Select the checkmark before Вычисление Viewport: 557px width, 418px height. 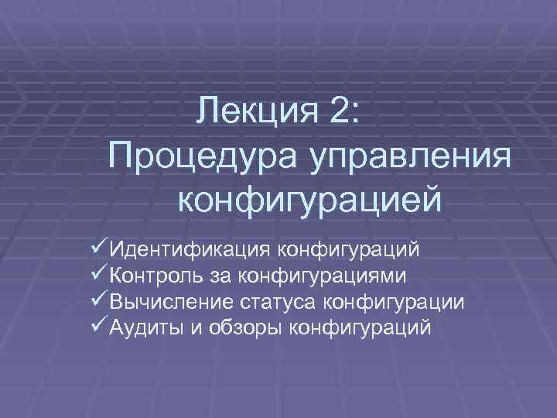(x=98, y=300)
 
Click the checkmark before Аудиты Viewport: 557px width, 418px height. (x=98, y=326)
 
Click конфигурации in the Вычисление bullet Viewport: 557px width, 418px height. (x=398, y=302)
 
